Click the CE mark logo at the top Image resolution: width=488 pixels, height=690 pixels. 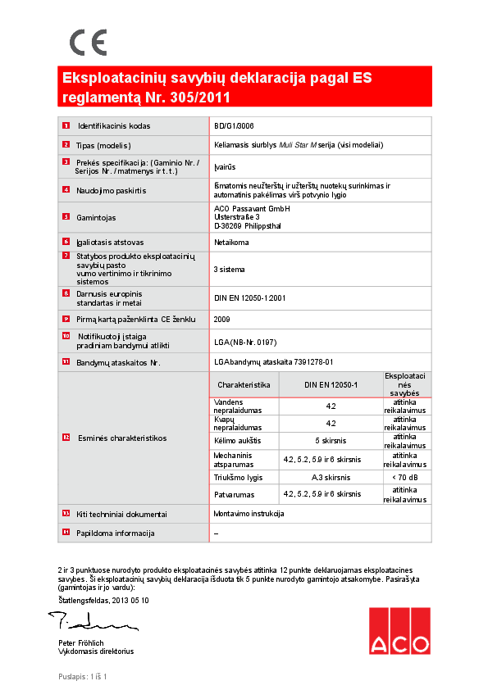[x=88, y=42]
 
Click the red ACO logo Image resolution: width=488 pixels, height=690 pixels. [x=399, y=632]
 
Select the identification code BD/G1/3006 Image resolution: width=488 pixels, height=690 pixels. [x=233, y=126]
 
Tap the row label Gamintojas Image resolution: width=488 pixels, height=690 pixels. [x=97, y=217]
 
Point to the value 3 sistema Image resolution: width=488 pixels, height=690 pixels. [x=229, y=269]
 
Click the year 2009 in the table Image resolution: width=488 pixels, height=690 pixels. [x=221, y=318]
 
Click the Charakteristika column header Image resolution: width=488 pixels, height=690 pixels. [x=244, y=384]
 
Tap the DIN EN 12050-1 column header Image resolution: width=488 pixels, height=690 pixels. [x=331, y=384]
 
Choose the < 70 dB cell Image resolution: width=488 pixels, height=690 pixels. [x=404, y=477]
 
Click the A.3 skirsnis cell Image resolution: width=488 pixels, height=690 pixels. [x=331, y=477]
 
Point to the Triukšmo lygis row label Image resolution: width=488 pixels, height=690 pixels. [x=238, y=477]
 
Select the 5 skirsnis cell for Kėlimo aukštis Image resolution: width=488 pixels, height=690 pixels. [x=331, y=440]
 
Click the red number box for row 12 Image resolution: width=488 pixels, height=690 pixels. [x=66, y=438]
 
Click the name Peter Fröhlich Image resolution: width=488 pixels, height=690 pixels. [x=81, y=642]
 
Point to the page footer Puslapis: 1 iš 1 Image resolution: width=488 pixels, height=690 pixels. [x=83, y=676]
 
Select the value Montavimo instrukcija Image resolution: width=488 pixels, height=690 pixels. [x=249, y=513]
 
